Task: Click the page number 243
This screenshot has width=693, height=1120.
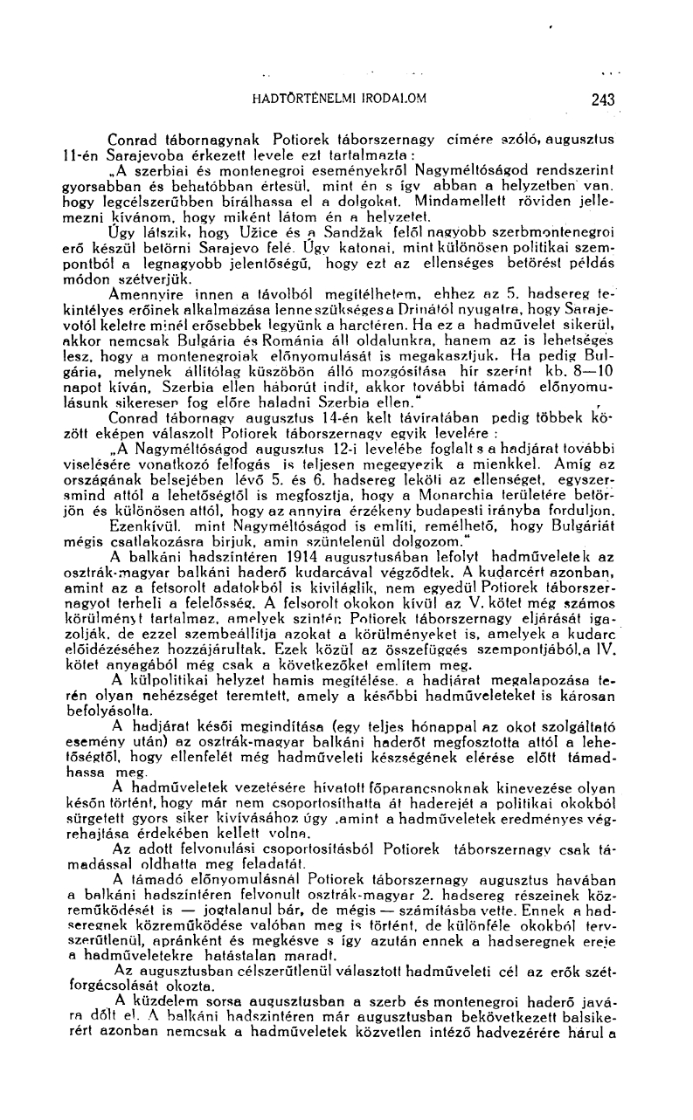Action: point(602,99)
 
